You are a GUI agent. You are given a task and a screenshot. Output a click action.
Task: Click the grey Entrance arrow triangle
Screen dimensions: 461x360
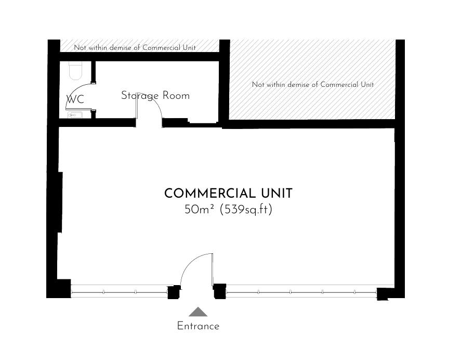click(x=198, y=312)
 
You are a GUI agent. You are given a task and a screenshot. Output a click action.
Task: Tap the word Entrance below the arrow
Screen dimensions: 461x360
click(x=198, y=326)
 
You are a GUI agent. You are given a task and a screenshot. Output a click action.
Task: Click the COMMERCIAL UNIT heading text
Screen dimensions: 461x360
click(x=228, y=194)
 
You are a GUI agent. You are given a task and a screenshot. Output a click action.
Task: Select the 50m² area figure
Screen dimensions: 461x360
click(x=199, y=210)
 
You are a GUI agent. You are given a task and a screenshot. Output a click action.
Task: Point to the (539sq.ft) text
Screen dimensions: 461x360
click(x=246, y=210)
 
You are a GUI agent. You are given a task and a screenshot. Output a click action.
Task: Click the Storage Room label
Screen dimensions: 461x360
click(x=155, y=96)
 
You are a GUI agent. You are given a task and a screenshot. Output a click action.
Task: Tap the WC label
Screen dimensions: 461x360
click(x=75, y=99)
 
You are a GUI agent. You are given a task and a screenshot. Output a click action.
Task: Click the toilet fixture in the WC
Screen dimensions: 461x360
click(x=75, y=71)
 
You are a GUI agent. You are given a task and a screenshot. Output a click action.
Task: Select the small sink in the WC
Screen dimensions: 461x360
click(x=74, y=115)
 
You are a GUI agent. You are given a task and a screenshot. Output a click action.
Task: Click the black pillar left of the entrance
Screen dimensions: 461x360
click(x=174, y=292)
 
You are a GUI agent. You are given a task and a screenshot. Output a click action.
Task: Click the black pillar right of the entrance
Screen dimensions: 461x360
click(x=220, y=291)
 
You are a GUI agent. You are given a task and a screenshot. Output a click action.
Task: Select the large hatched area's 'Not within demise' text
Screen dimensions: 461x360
click(x=312, y=85)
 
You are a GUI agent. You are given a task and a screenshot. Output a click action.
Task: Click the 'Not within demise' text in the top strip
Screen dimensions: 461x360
click(x=135, y=48)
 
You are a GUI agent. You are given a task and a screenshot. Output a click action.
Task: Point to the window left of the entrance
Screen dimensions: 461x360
click(x=119, y=291)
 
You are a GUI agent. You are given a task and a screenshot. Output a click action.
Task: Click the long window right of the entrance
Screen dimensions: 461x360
click(x=301, y=291)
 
